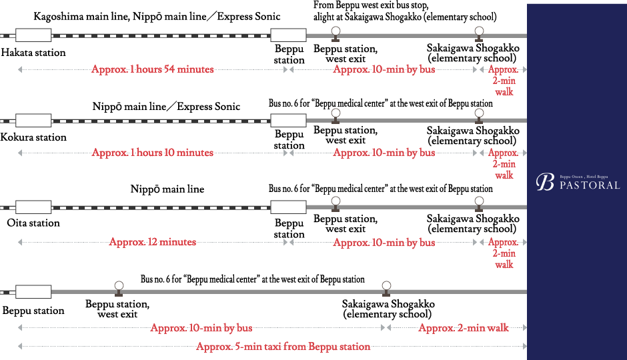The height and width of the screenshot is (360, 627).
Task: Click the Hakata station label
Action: coord(33,52)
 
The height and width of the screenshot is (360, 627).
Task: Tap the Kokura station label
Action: coord(34,137)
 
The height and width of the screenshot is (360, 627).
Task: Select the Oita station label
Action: coord(33,223)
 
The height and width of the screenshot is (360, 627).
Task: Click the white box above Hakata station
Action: coord(33,35)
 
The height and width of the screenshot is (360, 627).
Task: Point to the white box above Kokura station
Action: coord(33,121)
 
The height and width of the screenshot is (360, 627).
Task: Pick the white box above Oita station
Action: coord(33,206)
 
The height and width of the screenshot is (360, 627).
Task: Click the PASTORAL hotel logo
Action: coord(578,183)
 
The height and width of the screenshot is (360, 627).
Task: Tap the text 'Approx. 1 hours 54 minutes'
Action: coord(152,69)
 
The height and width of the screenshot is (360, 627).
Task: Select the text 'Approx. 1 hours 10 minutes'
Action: coord(152,153)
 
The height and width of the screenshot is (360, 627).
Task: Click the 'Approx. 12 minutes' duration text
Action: coord(152,242)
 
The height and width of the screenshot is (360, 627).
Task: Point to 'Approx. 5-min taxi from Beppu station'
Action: coord(283,347)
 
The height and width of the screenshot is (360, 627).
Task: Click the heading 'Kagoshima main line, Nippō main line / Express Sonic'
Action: coord(157,16)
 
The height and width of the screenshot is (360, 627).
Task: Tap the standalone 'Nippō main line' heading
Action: coord(167,189)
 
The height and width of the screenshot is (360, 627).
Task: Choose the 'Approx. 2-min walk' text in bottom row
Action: coord(463,328)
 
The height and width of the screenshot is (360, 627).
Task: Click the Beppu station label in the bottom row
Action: coord(33,311)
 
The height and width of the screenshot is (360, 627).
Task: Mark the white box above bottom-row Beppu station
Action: coord(33,291)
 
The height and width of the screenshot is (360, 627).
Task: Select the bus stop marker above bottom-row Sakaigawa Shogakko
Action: coord(386,287)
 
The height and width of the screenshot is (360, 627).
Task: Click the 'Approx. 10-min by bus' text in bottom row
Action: coord(201,328)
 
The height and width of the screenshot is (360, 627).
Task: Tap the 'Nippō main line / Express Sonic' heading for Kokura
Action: coord(166,107)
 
